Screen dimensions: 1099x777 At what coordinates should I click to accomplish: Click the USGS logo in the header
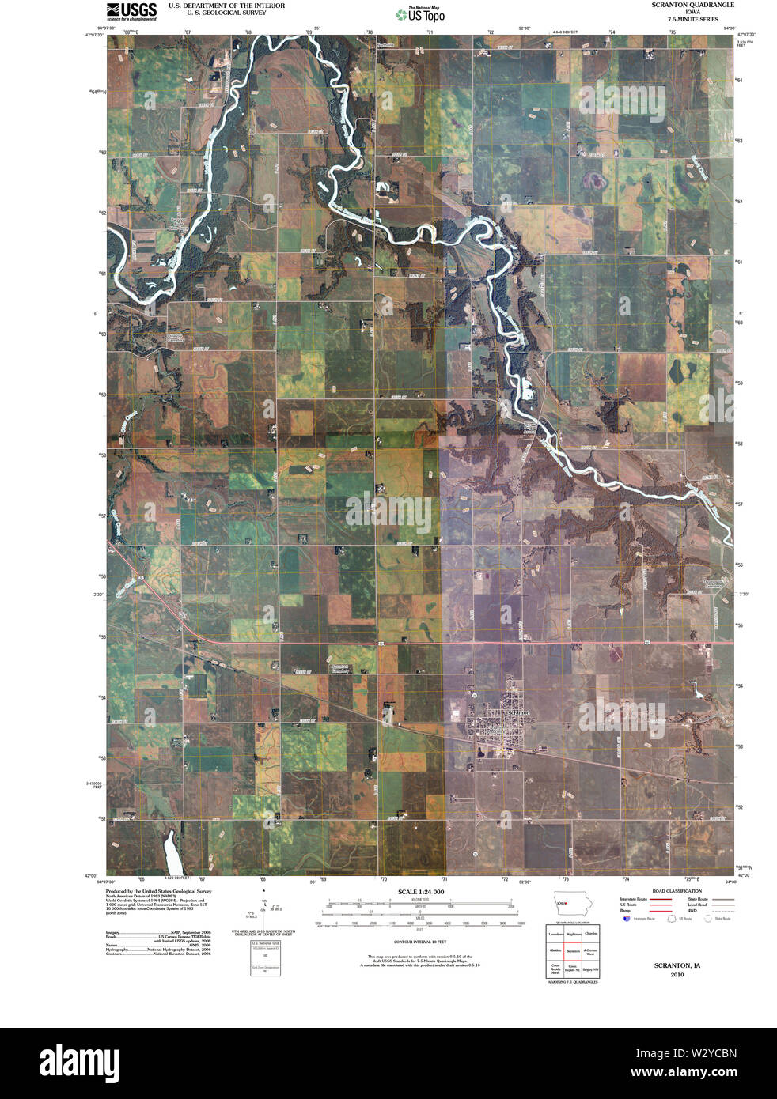pos(131,10)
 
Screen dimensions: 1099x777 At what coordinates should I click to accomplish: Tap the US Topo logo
pos(420,13)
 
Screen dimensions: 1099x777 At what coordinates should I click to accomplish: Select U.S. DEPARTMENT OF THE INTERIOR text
pos(226,5)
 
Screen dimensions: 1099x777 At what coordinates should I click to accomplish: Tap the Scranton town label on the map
pos(518,712)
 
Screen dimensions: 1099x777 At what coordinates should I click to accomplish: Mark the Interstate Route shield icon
pos(627,919)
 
